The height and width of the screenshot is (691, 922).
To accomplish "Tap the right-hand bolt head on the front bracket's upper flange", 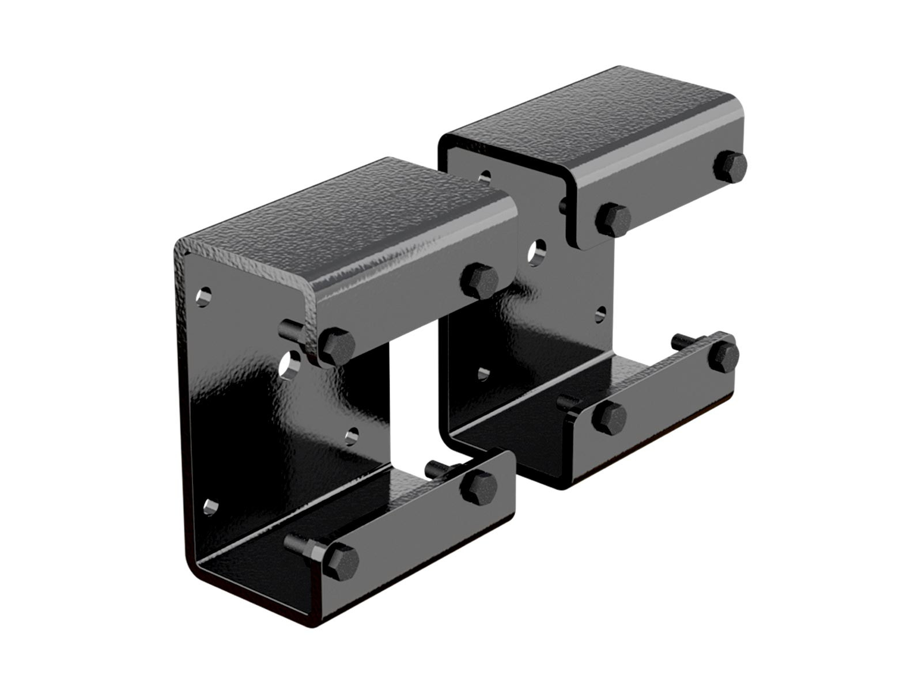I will pyautogui.click(x=479, y=280).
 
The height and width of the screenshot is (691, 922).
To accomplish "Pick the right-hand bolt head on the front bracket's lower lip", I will pyautogui.click(x=479, y=485).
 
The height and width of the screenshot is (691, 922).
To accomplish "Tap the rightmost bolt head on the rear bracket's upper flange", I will pyautogui.click(x=730, y=166).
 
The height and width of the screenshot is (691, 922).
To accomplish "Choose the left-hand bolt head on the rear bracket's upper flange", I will pyautogui.click(x=614, y=219).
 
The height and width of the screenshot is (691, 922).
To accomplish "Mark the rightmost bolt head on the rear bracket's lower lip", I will pyautogui.click(x=724, y=355).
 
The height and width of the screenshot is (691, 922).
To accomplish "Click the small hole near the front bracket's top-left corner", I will pyautogui.click(x=203, y=297).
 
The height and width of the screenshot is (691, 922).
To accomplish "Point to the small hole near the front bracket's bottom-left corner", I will pyautogui.click(x=211, y=507).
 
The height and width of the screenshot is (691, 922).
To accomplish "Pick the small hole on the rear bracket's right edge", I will pyautogui.click(x=600, y=313).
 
